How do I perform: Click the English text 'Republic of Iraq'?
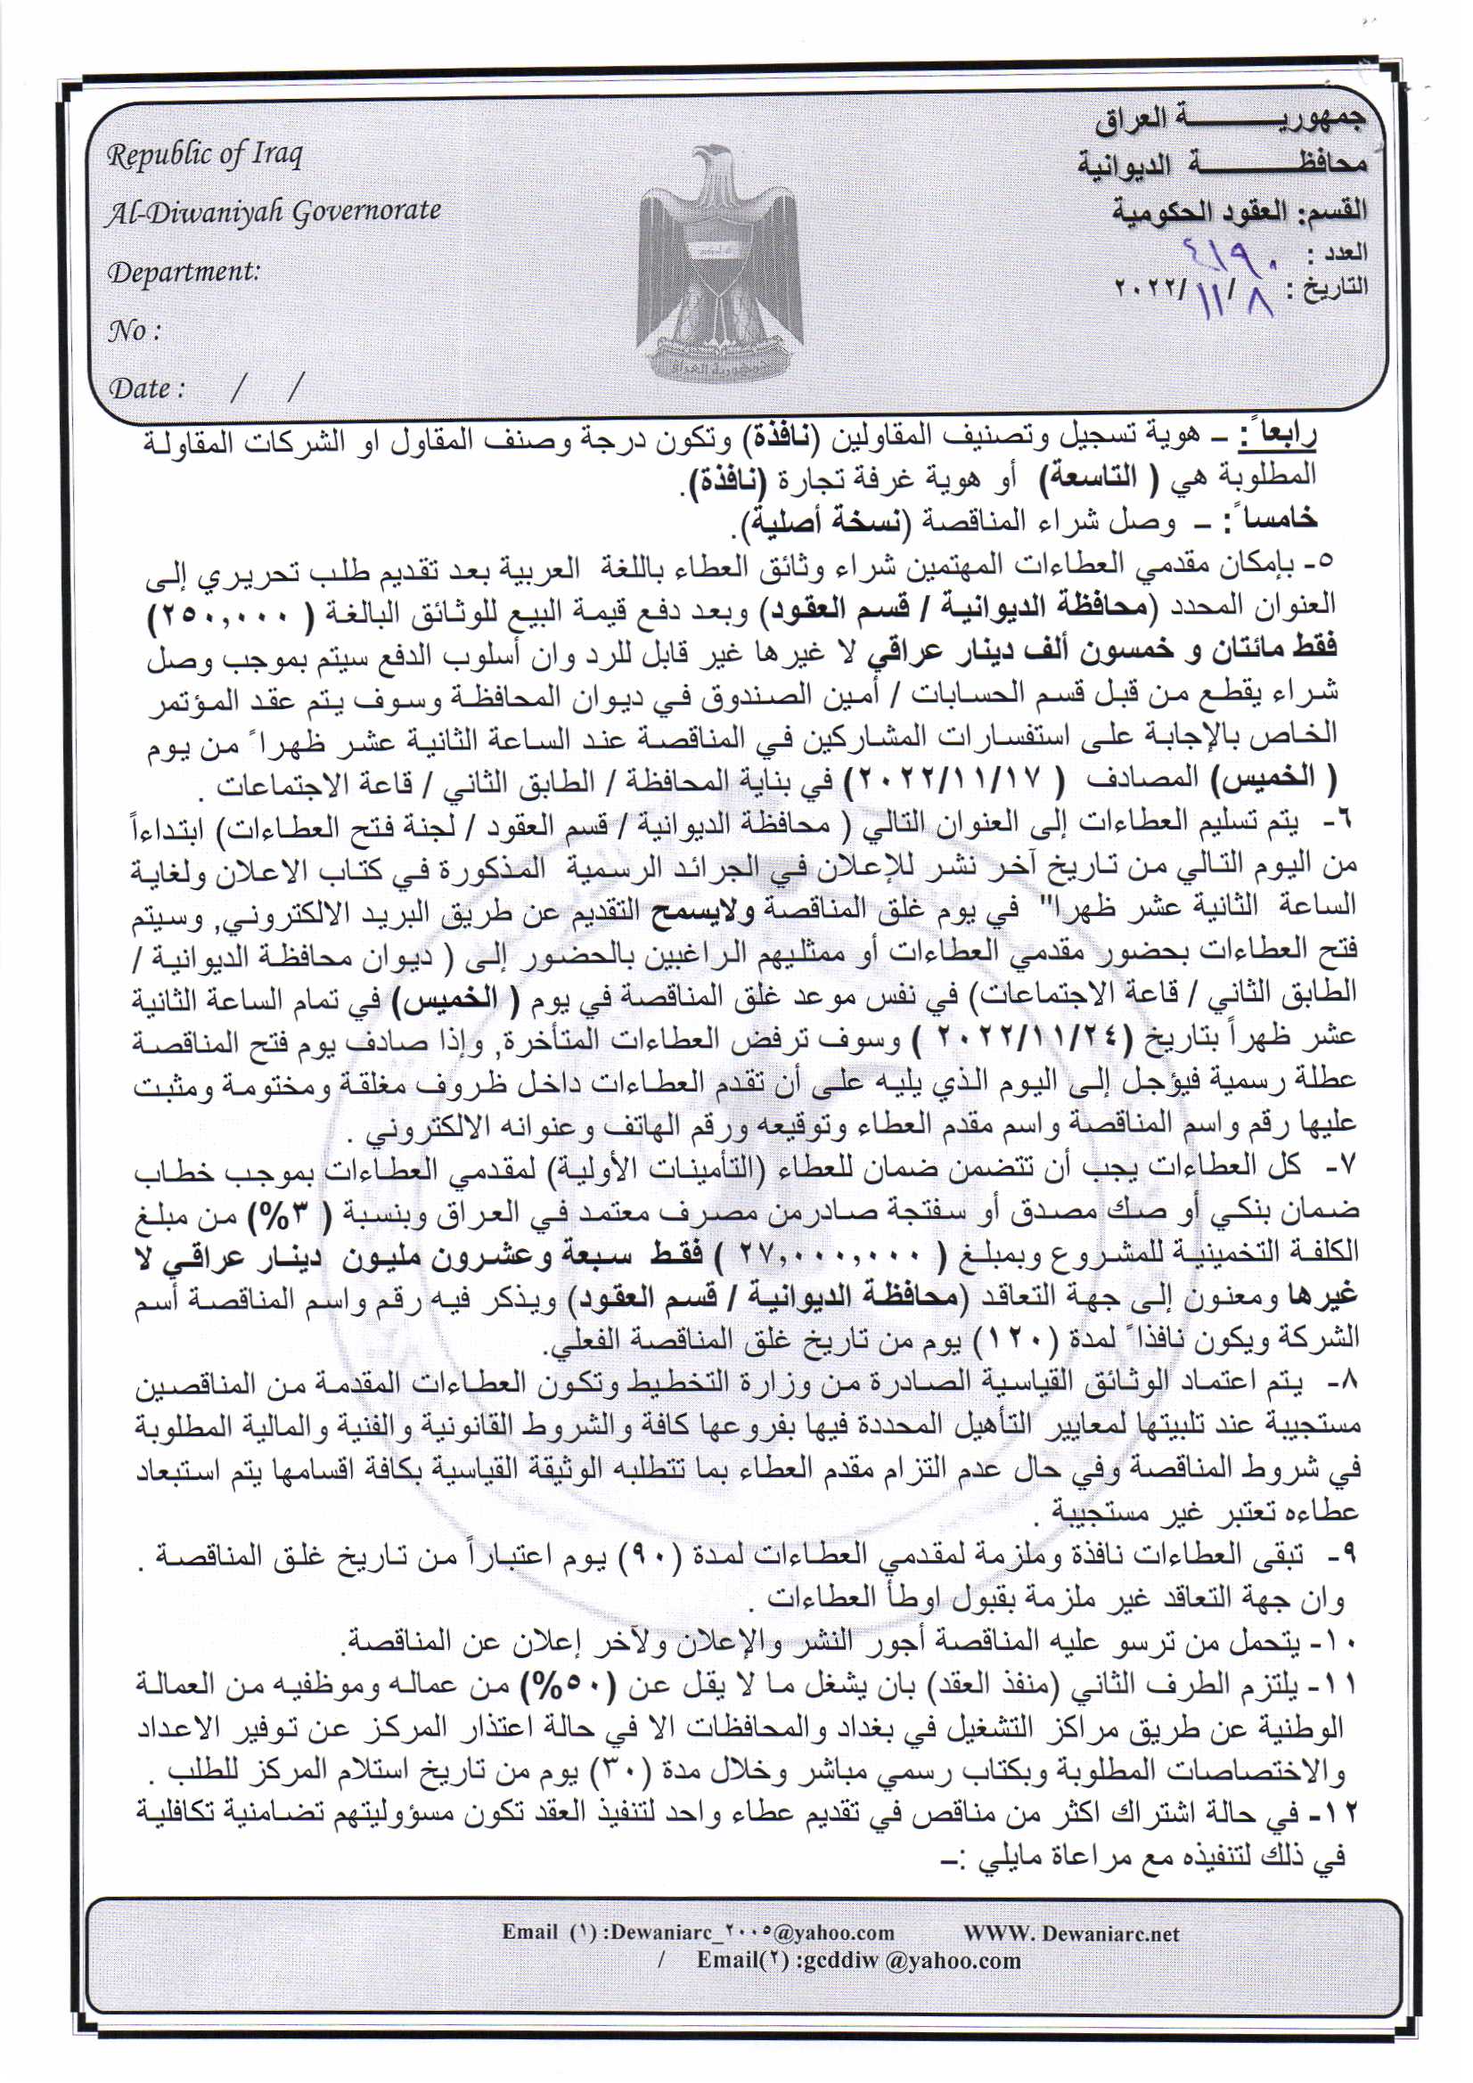[x=205, y=155]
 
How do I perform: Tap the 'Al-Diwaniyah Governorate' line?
[x=274, y=211]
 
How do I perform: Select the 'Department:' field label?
[x=184, y=271]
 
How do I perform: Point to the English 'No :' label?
[x=134, y=331]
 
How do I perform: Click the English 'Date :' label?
[x=146, y=389]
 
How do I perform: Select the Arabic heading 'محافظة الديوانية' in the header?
[x=1221, y=165]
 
